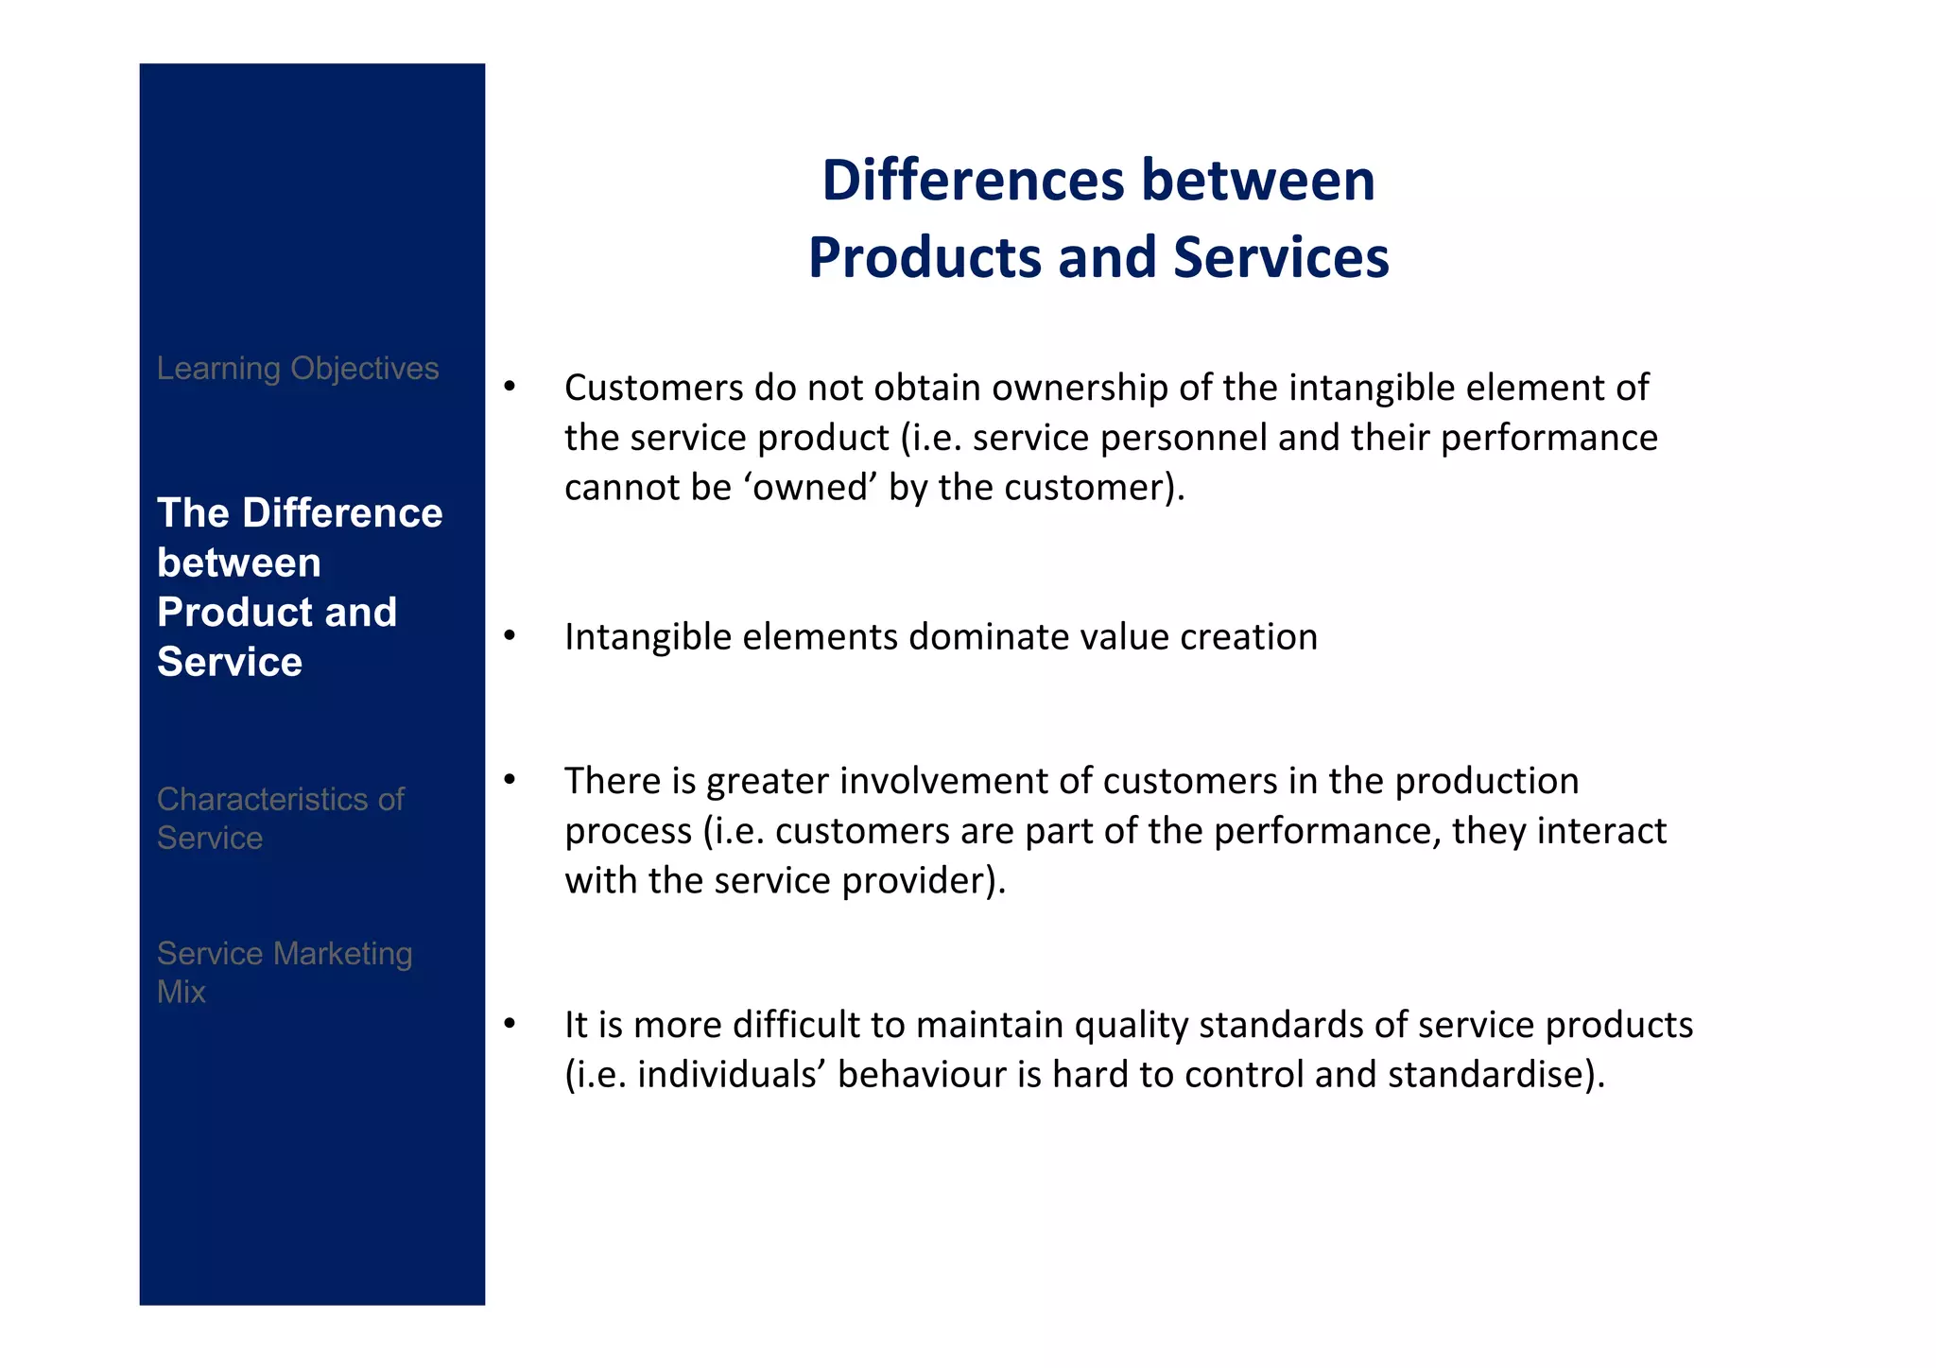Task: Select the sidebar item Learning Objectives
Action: tap(298, 368)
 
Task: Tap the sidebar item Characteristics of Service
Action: tap(280, 819)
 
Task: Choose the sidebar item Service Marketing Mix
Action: tap(284, 972)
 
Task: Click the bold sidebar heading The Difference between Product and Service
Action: tap(299, 586)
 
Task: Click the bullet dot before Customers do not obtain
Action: tap(510, 386)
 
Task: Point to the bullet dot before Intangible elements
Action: tap(510, 635)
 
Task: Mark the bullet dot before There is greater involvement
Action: tap(510, 779)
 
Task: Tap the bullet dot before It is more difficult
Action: tap(510, 1023)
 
